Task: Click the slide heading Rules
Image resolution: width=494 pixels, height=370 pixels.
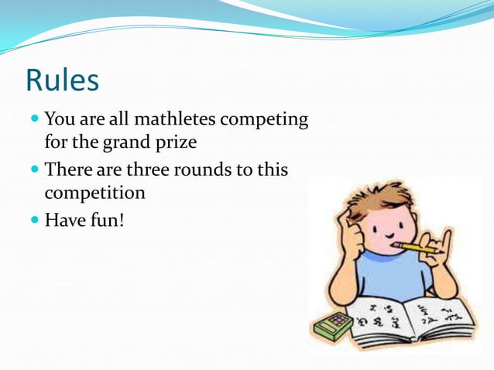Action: pyautogui.click(x=62, y=80)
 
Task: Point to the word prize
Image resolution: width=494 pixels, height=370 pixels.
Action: pyautogui.click(x=180, y=143)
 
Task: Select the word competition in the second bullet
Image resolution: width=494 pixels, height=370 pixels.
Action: pyautogui.click(x=94, y=192)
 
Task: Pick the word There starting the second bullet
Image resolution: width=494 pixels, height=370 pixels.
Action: pyautogui.click(x=68, y=169)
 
